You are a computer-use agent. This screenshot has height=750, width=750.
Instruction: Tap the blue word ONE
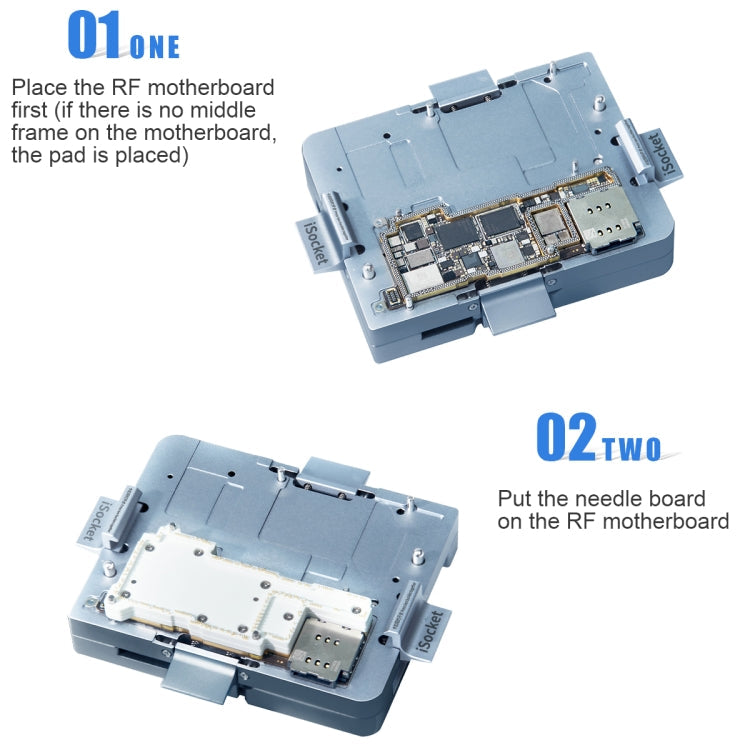(155, 46)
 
